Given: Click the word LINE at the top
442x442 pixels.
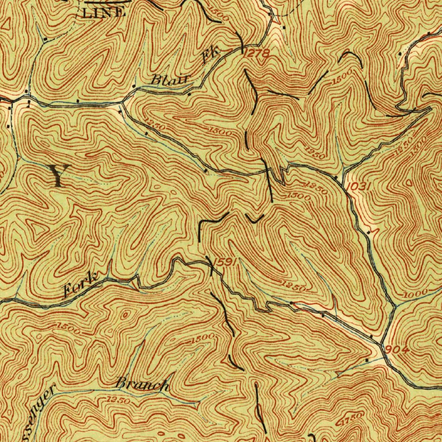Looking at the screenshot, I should pyautogui.click(x=104, y=13).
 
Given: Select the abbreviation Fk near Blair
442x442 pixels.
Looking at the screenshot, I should pyautogui.click(x=211, y=56).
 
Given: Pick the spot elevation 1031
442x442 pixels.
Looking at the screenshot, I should pyautogui.click(x=359, y=187).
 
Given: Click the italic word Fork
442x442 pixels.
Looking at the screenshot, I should pyautogui.click(x=81, y=286).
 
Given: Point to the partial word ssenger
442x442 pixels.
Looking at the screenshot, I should pyautogui.click(x=41, y=410).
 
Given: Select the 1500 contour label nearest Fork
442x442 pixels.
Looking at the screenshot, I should pyautogui.click(x=68, y=328).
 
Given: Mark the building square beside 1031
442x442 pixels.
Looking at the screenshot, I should pyautogui.click(x=336, y=177).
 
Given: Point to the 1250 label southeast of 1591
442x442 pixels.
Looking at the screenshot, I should pyautogui.click(x=293, y=285).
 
